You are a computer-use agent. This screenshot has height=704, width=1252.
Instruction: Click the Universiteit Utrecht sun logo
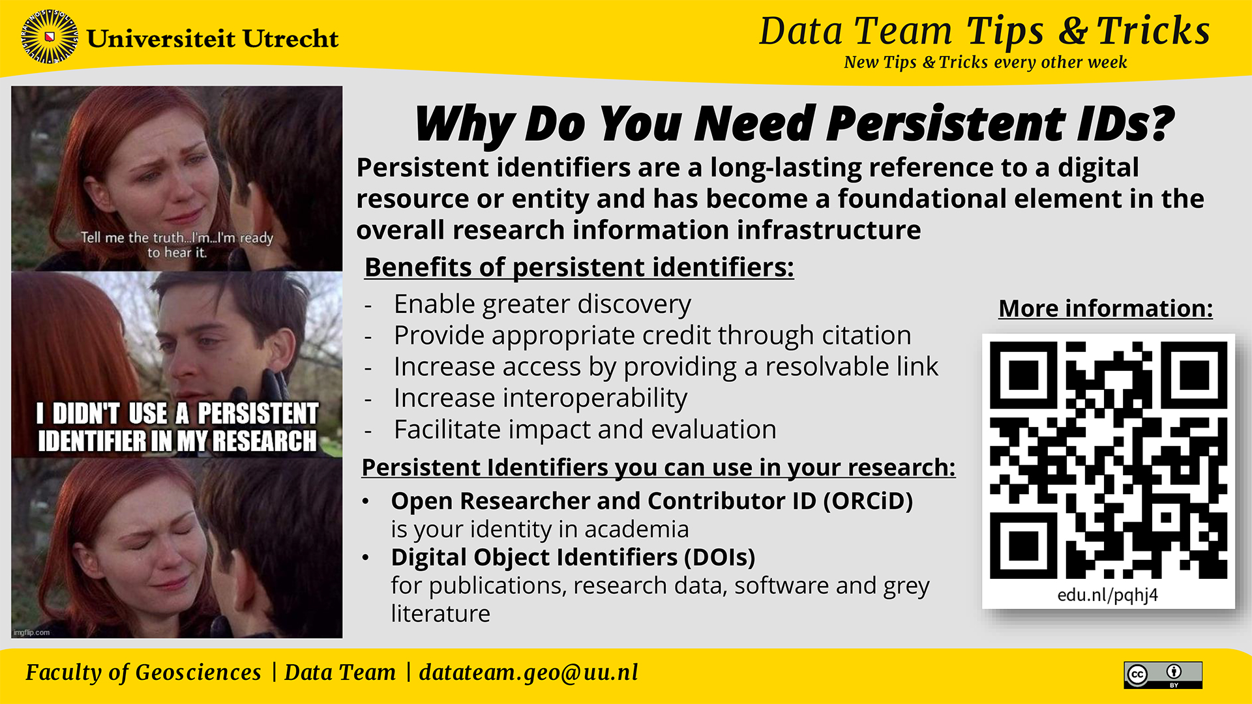click(x=50, y=37)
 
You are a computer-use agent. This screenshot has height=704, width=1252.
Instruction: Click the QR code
click(x=1108, y=460)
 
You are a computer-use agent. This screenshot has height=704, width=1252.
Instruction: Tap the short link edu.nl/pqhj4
click(x=1107, y=594)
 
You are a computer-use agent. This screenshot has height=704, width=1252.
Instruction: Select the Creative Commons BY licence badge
click(x=1163, y=675)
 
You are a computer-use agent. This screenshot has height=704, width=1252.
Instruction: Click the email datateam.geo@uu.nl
click(x=528, y=672)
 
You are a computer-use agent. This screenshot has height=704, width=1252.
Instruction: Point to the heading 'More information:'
click(x=1105, y=308)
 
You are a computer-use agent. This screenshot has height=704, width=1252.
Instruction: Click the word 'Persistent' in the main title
click(x=946, y=124)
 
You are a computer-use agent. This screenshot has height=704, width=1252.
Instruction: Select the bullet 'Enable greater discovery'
click(x=542, y=304)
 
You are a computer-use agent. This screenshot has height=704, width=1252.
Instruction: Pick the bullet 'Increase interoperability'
click(x=540, y=398)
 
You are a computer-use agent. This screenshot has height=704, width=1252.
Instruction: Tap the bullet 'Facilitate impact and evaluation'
click(x=585, y=430)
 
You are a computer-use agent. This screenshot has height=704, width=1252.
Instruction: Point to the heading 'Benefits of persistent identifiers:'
click(x=579, y=267)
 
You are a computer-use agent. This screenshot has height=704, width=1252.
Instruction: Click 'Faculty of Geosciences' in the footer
click(x=143, y=672)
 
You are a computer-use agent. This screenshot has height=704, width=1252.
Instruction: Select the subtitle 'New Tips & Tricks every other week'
click(x=985, y=62)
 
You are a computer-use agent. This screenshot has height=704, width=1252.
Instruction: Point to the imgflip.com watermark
click(x=31, y=632)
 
